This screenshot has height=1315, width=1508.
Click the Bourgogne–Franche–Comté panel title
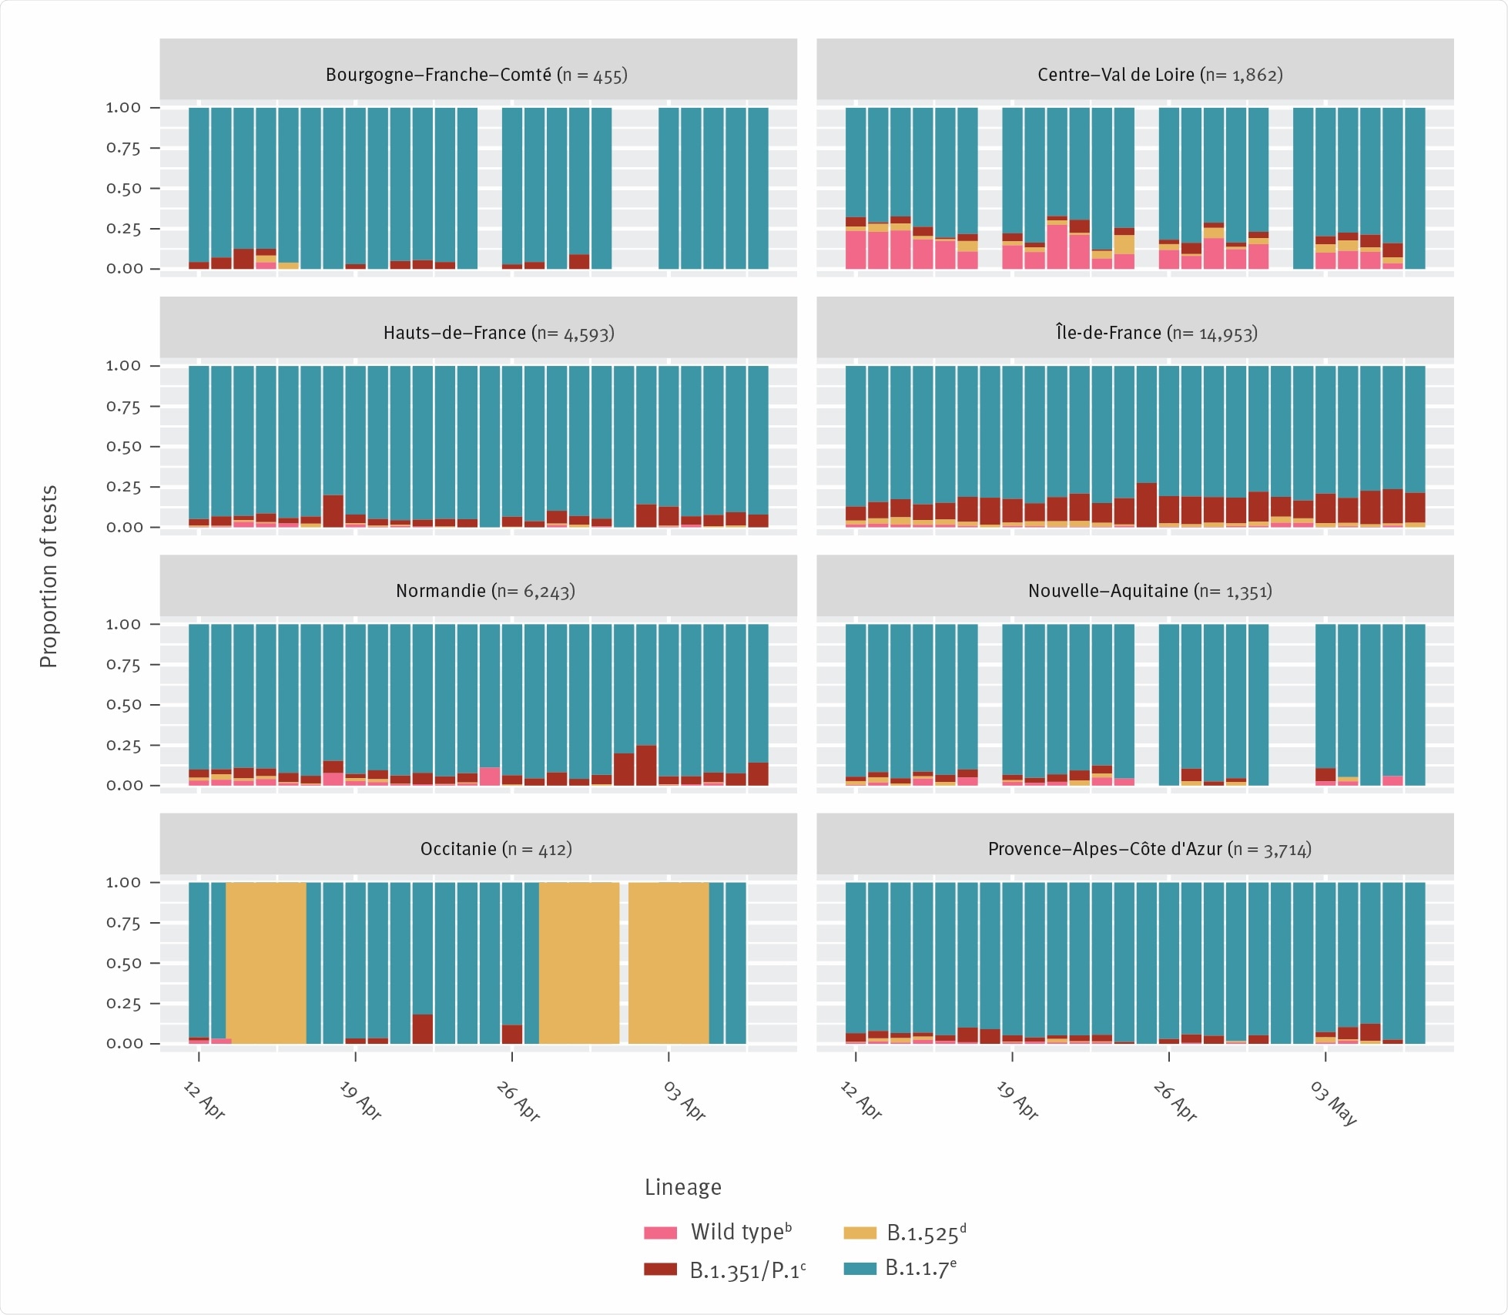pos(476,75)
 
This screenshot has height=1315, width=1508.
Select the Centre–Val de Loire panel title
pos(1159,75)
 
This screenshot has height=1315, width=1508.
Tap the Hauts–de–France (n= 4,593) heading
pos(498,333)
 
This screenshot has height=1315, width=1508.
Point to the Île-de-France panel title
pos(1155,333)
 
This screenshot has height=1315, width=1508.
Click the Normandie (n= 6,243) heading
pos(485,591)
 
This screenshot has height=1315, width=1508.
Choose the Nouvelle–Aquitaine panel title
pos(1149,591)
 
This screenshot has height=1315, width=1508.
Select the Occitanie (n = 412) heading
pos(495,849)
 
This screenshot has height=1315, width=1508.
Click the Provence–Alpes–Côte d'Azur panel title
pos(1149,849)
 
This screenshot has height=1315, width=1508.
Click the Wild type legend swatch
pos(660,1233)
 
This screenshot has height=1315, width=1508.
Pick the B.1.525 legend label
pos(925,1233)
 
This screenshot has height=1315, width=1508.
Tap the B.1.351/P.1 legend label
pos(746,1270)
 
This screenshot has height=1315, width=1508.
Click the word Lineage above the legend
pos(682,1187)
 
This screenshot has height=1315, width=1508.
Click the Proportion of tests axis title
pos(49,576)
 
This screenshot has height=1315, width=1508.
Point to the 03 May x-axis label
pos(1334,1103)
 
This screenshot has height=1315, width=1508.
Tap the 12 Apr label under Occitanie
pos(204,1100)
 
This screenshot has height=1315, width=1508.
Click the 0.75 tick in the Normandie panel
pos(123,665)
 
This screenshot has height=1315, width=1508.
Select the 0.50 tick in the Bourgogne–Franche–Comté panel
pos(123,189)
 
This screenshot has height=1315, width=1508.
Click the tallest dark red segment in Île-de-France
pos(1146,505)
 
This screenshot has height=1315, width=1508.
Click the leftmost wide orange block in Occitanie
pos(266,963)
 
